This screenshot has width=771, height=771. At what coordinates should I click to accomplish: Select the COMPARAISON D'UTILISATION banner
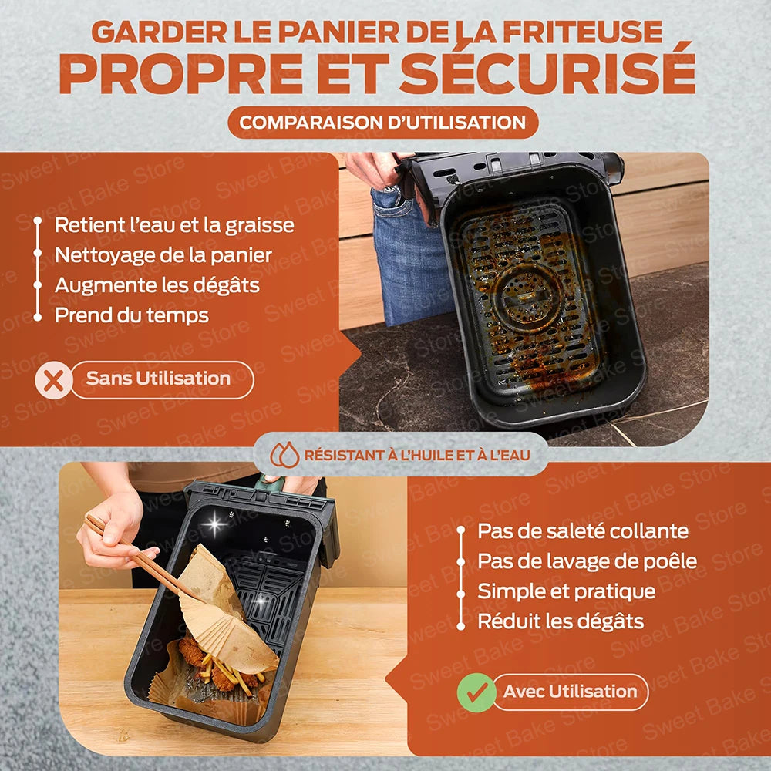(x=382, y=122)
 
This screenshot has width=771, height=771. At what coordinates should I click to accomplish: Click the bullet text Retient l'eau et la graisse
(x=173, y=225)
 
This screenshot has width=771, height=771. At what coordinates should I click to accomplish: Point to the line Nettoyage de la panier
(x=163, y=255)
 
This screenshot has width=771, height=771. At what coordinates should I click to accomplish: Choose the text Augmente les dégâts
(x=157, y=285)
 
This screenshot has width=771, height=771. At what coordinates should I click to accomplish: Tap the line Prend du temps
(x=131, y=315)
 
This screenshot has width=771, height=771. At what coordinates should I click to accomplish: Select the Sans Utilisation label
(x=159, y=379)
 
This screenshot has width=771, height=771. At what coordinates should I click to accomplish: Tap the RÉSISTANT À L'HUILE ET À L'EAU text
(x=417, y=455)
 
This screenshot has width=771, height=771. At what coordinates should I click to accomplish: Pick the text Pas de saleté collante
(x=583, y=530)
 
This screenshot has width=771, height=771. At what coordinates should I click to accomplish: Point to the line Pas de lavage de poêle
(x=587, y=561)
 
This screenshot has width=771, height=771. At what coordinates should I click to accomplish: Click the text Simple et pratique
(x=566, y=591)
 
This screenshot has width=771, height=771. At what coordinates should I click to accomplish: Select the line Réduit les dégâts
(x=560, y=621)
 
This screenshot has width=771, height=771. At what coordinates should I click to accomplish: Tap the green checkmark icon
(x=476, y=692)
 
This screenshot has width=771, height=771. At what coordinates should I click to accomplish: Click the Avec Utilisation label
(x=570, y=692)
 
